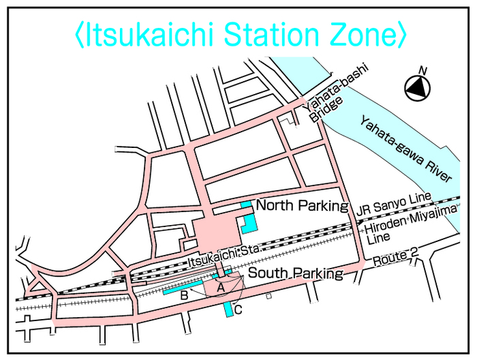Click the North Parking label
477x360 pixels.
click(x=302, y=205)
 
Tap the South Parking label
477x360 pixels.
click(x=295, y=273)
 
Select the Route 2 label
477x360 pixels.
click(x=396, y=258)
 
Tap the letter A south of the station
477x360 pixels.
click(x=220, y=288)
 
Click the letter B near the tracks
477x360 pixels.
click(x=183, y=296)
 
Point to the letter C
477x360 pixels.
click(x=238, y=310)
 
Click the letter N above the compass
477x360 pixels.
click(x=422, y=71)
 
